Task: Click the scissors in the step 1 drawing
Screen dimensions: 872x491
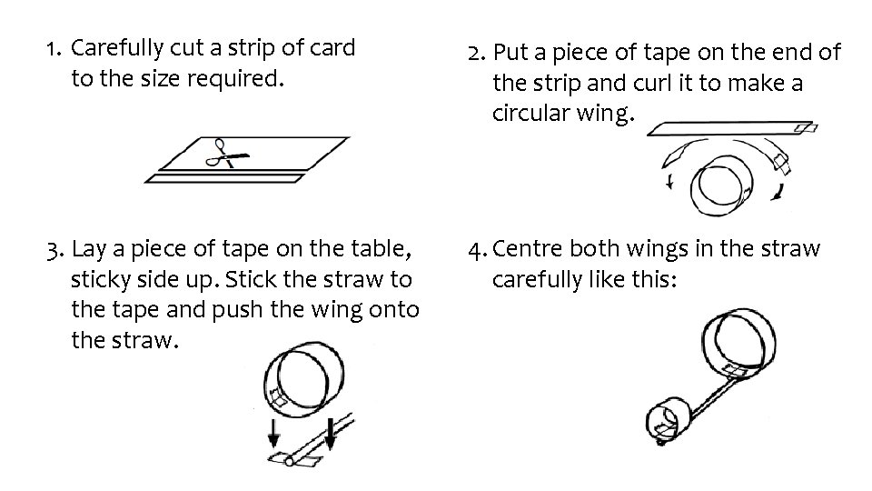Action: pyautogui.click(x=226, y=155)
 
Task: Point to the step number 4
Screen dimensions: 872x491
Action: pyautogui.click(x=477, y=251)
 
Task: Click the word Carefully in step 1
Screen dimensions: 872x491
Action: pyautogui.click(x=117, y=49)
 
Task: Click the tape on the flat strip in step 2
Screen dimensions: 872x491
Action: pyautogui.click(x=806, y=128)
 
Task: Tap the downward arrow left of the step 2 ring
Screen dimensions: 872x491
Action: pyautogui.click(x=670, y=182)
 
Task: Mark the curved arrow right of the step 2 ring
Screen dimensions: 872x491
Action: pyautogui.click(x=778, y=192)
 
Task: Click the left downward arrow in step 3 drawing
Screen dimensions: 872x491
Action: pyautogui.click(x=273, y=434)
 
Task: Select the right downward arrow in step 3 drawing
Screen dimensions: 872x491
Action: pyautogui.click(x=331, y=435)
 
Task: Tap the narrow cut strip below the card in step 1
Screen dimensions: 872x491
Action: pyautogui.click(x=224, y=179)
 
